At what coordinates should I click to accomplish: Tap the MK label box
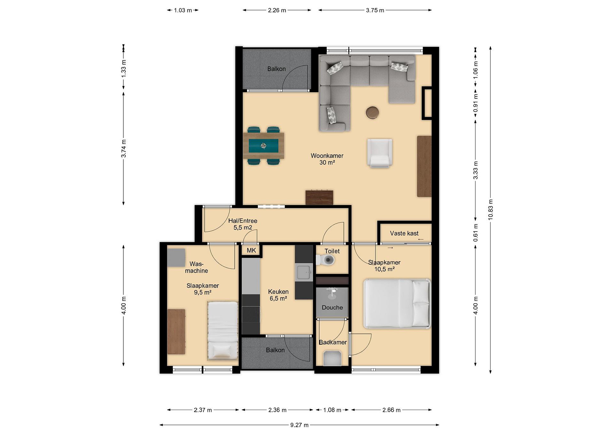[x=251, y=250]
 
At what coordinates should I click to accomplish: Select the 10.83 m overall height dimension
[x=490, y=210]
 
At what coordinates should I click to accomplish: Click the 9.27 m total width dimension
[x=299, y=425]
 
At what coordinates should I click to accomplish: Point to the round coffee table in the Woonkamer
[x=372, y=112]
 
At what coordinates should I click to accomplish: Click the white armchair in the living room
[x=380, y=153]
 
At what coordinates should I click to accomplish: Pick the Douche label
[x=332, y=308]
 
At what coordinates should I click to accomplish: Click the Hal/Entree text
[x=243, y=221]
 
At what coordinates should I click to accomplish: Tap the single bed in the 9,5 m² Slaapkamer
[x=223, y=331]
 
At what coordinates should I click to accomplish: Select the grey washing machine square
[x=176, y=258]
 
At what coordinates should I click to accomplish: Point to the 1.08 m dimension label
[x=332, y=410]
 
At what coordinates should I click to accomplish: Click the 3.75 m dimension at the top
[x=375, y=10]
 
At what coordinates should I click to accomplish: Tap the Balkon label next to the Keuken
[x=275, y=350]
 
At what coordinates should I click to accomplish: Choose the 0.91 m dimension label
[x=475, y=103]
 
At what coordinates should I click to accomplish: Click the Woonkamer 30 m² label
[x=327, y=159]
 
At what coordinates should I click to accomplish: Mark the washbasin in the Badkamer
[x=332, y=358]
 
